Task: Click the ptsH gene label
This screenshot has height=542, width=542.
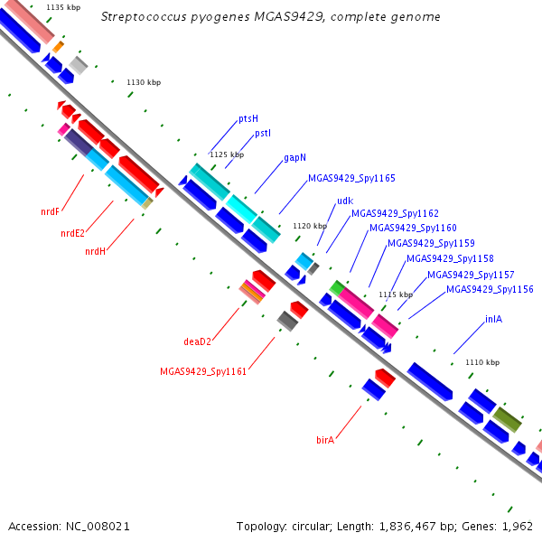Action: (248, 119)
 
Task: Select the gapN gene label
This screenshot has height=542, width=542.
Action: (294, 157)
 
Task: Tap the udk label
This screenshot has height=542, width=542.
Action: (345, 201)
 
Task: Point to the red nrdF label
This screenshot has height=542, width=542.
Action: (50, 211)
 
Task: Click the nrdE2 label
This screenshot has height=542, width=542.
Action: (72, 233)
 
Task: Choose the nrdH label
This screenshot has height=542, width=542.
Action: (95, 251)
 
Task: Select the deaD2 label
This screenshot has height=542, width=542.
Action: (197, 341)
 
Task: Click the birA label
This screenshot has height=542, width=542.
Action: (325, 440)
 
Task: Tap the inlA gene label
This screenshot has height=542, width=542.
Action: (493, 319)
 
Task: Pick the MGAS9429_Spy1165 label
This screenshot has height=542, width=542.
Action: (351, 178)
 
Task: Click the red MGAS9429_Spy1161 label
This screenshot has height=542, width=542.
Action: (203, 371)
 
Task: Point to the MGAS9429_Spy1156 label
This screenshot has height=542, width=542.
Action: (490, 289)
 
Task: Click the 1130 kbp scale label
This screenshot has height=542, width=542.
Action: (144, 82)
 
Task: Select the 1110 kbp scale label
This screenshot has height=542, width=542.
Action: (482, 362)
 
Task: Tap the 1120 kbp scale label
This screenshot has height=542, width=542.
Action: (310, 226)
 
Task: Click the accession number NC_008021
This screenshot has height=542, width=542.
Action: (98, 527)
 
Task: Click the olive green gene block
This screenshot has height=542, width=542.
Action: (507, 420)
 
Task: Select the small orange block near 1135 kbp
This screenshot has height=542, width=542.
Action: (58, 47)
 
